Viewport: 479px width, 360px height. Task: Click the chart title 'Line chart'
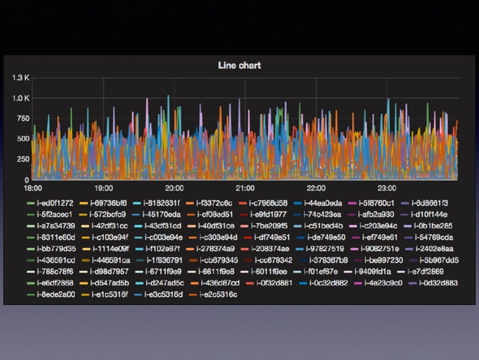click(239, 65)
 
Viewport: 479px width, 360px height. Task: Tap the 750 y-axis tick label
click(22, 119)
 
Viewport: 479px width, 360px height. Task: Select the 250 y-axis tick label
click(22, 159)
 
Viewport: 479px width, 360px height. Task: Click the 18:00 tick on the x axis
click(32, 188)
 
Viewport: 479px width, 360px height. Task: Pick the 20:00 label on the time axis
click(173, 188)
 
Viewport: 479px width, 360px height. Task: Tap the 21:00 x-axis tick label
click(245, 188)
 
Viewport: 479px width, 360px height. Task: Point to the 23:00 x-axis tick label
click(386, 188)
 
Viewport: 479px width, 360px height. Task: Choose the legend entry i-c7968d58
click(268, 203)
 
